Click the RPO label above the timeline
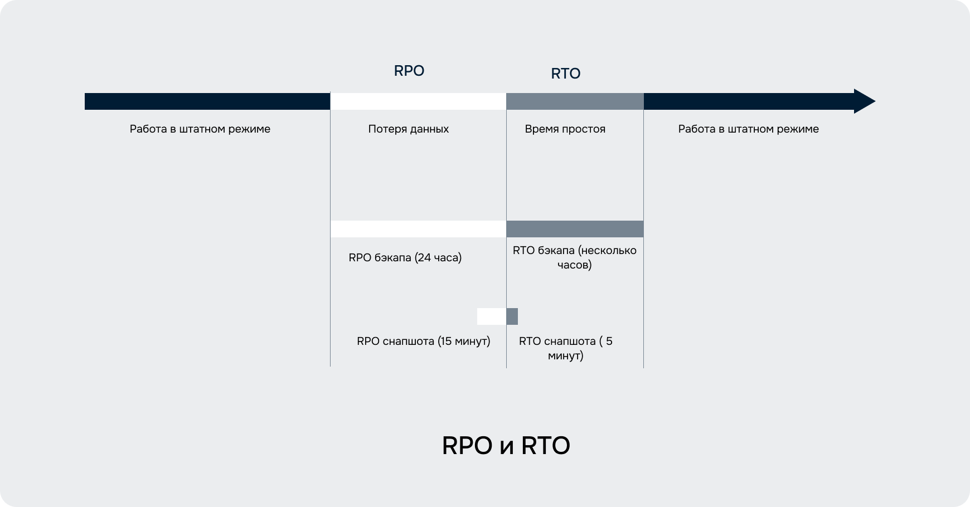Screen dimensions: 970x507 pos(409,71)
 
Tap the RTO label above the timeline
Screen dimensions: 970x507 pos(566,74)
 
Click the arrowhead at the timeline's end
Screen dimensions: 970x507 pos(865,101)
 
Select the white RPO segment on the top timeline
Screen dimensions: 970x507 pos(418,101)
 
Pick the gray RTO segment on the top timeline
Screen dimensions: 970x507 pos(575,101)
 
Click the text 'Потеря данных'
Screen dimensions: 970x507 pos(409,129)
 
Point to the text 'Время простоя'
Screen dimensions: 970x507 pos(565,129)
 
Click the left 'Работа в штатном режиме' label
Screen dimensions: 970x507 pos(200,129)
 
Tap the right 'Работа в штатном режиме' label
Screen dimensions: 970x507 pos(749,129)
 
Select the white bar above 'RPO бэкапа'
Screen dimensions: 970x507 pos(418,229)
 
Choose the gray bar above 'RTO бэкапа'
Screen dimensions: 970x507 pos(575,229)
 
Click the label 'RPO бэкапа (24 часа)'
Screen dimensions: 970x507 pos(405,258)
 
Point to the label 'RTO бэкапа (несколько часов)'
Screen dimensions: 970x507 pos(575,257)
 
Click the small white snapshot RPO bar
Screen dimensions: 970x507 pos(492,316)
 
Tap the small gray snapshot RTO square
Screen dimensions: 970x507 pos(512,316)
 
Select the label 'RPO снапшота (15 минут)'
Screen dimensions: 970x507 pos(424,341)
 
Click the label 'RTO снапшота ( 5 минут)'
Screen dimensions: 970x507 pos(566,348)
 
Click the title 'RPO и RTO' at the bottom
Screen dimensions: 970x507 pos(506,446)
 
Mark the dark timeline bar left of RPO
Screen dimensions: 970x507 pos(207,101)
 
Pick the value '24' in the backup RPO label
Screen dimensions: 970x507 pos(424,258)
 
